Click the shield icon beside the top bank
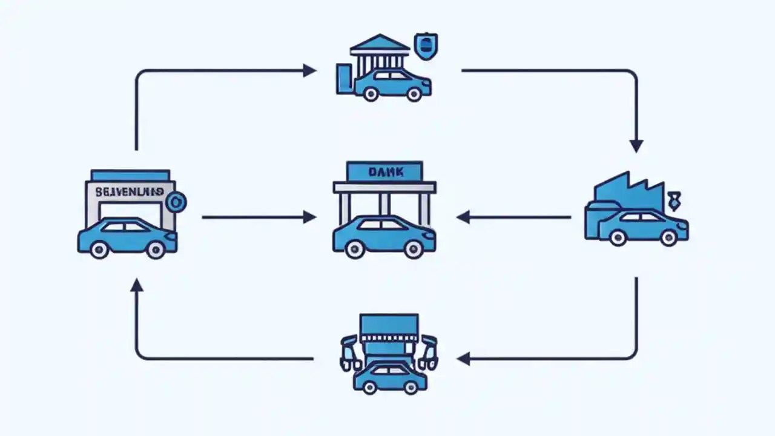425,45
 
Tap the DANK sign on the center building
384,172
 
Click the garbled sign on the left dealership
129,191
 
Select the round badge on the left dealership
177,202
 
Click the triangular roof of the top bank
380,44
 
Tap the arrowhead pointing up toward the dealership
137,285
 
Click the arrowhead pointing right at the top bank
309,71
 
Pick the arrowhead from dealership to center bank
309,217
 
